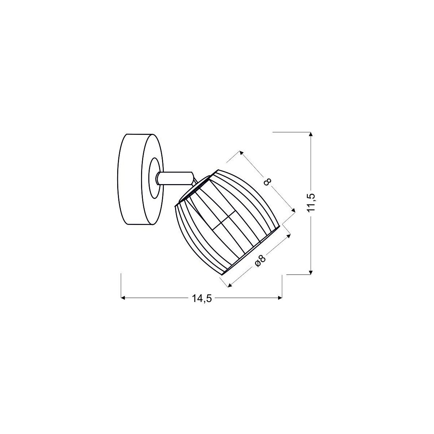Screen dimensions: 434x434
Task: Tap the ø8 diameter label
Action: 261,260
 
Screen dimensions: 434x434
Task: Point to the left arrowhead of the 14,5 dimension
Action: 123,298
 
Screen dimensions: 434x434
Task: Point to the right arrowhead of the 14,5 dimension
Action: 280,298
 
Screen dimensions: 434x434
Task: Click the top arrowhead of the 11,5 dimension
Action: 311,135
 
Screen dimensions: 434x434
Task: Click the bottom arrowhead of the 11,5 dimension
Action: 311,272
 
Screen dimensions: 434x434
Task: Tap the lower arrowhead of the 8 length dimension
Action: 293,210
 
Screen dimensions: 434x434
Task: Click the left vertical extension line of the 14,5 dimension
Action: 120,286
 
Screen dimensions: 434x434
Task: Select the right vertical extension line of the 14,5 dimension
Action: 282,286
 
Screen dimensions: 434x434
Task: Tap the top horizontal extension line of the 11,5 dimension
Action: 291,133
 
